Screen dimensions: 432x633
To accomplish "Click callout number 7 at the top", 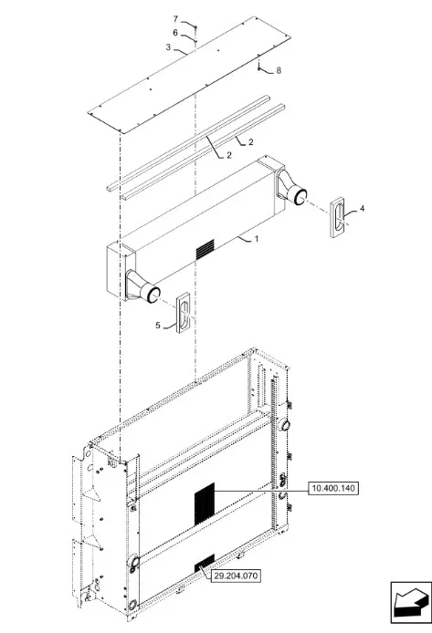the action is click(x=175, y=19).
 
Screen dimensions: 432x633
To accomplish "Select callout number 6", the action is click(x=175, y=32).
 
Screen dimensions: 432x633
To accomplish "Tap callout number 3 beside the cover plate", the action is click(x=169, y=47).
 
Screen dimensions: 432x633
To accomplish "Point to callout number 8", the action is click(x=279, y=70).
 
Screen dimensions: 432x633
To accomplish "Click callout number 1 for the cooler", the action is click(x=257, y=239).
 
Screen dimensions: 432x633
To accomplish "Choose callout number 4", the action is click(x=362, y=208).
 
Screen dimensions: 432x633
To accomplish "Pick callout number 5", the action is click(x=158, y=326).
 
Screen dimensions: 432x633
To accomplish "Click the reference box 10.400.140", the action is click(x=333, y=489).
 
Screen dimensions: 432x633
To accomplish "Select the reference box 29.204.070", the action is click(x=236, y=576).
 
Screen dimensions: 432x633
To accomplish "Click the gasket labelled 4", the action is click(x=338, y=218).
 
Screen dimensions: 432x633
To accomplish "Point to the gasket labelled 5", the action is click(x=183, y=312).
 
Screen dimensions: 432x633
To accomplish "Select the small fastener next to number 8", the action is click(x=258, y=69).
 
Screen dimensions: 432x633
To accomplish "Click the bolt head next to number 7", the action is click(x=195, y=27).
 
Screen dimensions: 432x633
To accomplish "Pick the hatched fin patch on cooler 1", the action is click(x=205, y=250).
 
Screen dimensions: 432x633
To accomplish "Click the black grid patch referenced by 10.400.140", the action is click(x=205, y=503).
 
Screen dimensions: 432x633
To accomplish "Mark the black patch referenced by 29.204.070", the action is click(x=205, y=563).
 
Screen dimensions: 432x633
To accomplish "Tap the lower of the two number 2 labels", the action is click(x=229, y=155).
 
